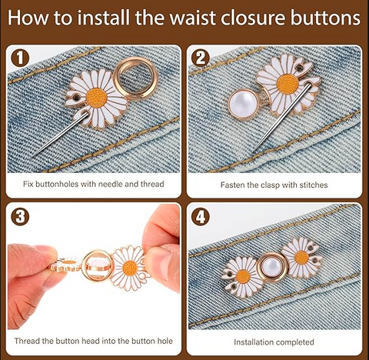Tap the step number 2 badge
click(x=201, y=58)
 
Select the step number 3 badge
click(x=20, y=216)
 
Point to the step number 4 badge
click(x=201, y=216)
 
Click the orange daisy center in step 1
click(x=96, y=98)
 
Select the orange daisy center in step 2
click(x=288, y=84)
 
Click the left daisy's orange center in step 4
click(x=243, y=277)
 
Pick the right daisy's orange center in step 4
click(x=301, y=258)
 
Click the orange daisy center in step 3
click(x=130, y=268)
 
